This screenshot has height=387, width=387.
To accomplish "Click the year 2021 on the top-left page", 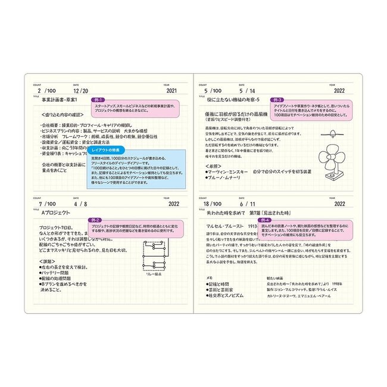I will tap(171, 92).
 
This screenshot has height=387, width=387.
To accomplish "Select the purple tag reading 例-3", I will tap(277, 100).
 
